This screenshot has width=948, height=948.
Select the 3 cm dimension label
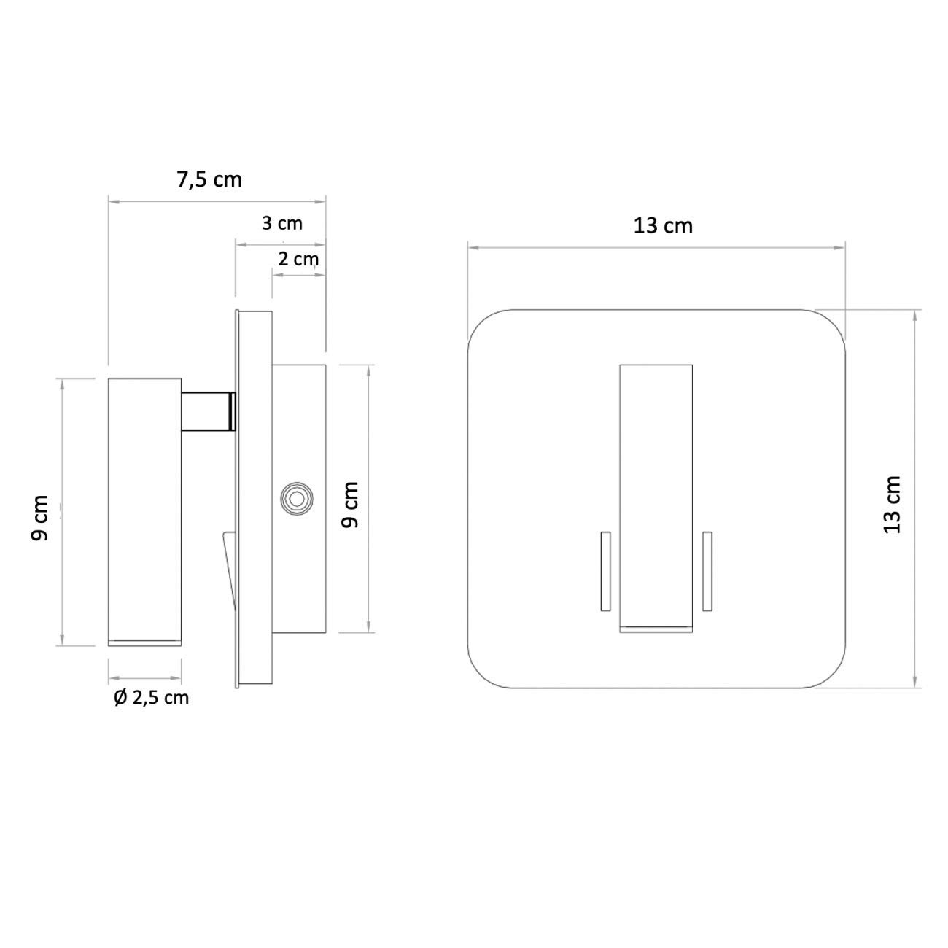pos(282,222)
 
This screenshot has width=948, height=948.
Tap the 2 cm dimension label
pos(298,258)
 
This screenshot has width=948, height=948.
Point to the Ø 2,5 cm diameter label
pos(151,698)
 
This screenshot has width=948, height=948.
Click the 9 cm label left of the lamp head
pos(40,518)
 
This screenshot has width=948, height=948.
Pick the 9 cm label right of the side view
pos(351,505)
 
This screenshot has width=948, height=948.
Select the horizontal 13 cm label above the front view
pos(662,226)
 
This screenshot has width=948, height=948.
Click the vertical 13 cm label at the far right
pos(893,504)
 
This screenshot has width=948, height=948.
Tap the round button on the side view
pos(296,500)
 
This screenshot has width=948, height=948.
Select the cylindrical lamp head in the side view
pos(144,510)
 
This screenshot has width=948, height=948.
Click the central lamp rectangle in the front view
pos(656,496)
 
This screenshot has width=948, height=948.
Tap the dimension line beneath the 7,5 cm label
pos(217,203)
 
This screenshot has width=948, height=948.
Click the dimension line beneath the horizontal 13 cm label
pos(656,248)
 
